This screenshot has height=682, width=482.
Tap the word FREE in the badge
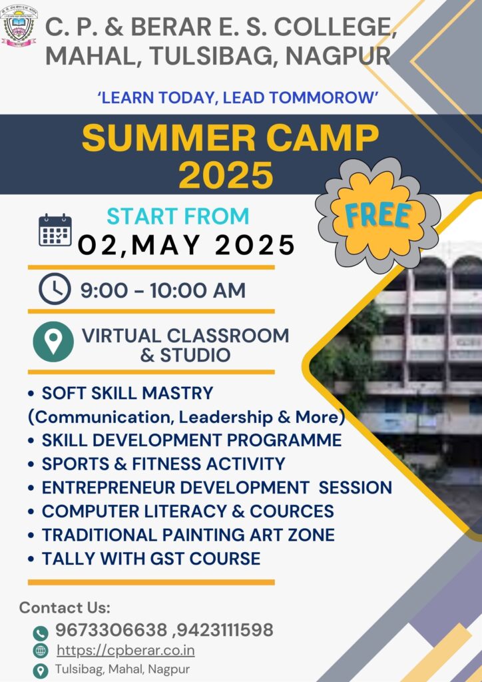pyautogui.click(x=377, y=215)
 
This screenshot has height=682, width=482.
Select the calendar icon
pyautogui.click(x=55, y=230)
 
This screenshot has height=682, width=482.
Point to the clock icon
pyautogui.click(x=55, y=289)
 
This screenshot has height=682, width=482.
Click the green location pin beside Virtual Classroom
pyautogui.click(x=53, y=342)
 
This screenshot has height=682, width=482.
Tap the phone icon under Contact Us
pyautogui.click(x=41, y=633)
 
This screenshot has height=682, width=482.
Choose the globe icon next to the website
pyautogui.click(x=41, y=651)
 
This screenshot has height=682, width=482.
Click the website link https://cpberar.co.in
pyautogui.click(x=126, y=651)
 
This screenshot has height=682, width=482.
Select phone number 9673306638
pyautogui.click(x=111, y=629)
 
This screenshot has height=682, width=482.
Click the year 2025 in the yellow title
pyautogui.click(x=226, y=174)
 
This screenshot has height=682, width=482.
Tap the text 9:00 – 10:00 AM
pyautogui.click(x=163, y=290)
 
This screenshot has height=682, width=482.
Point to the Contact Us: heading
pyautogui.click(x=65, y=607)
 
